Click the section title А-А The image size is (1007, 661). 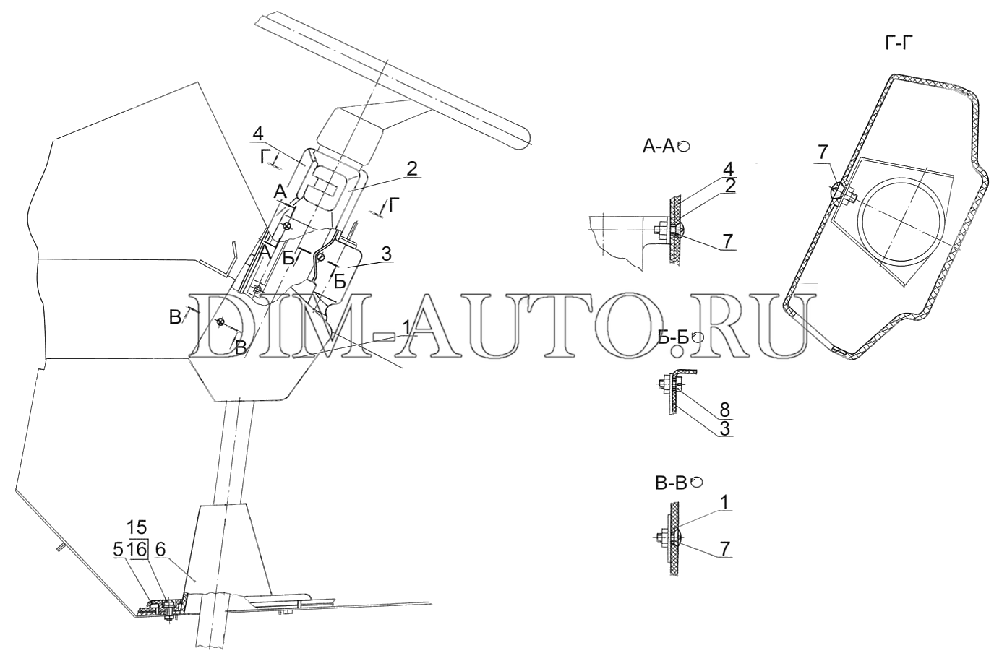click(x=659, y=147)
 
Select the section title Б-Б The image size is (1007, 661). click(x=675, y=337)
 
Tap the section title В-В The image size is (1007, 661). click(x=671, y=483)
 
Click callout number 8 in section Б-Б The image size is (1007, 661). click(x=725, y=410)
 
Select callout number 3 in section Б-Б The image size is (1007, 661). click(x=725, y=428)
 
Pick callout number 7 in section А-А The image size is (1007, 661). click(x=727, y=239)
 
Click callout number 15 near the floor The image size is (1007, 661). click(x=137, y=527)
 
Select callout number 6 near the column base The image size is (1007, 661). click(x=160, y=550)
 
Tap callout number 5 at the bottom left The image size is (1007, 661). click(x=117, y=550)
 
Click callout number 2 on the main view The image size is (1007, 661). click(x=411, y=169)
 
